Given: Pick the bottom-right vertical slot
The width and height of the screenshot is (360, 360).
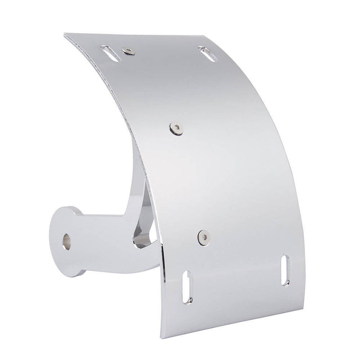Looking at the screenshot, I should click(x=285, y=270).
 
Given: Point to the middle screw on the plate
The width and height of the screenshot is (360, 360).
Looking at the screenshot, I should click(x=174, y=128).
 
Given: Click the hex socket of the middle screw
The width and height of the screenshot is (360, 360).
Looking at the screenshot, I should click(x=174, y=128).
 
